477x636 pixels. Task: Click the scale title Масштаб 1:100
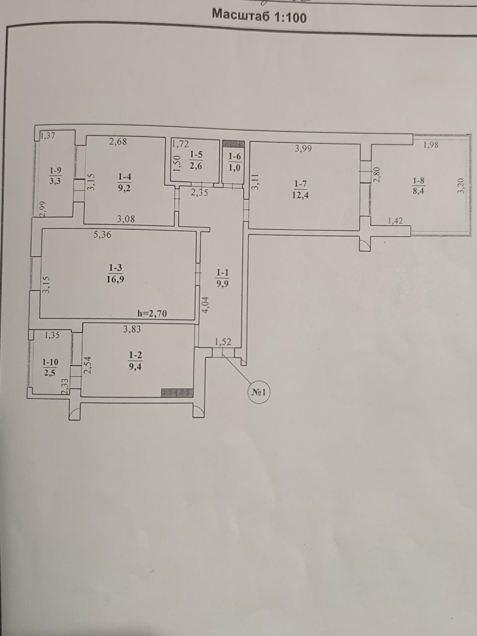click(259, 15)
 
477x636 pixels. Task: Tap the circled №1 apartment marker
click(259, 393)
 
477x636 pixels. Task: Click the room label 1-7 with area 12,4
click(300, 189)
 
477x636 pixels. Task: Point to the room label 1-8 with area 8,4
click(418, 186)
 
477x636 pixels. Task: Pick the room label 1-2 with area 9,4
click(135, 361)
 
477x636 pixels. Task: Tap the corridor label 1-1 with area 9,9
click(223, 278)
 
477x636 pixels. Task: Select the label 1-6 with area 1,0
click(235, 162)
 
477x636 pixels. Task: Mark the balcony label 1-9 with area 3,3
click(55, 176)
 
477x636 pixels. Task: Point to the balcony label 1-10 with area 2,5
click(50, 367)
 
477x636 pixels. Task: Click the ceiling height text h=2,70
click(153, 314)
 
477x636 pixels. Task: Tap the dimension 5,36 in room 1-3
click(102, 235)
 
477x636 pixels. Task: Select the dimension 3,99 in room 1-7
click(303, 149)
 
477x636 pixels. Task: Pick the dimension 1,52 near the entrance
click(223, 342)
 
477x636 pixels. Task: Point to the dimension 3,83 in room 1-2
click(132, 329)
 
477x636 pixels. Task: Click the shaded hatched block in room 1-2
click(177, 393)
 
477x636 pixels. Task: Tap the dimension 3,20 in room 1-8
click(462, 186)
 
